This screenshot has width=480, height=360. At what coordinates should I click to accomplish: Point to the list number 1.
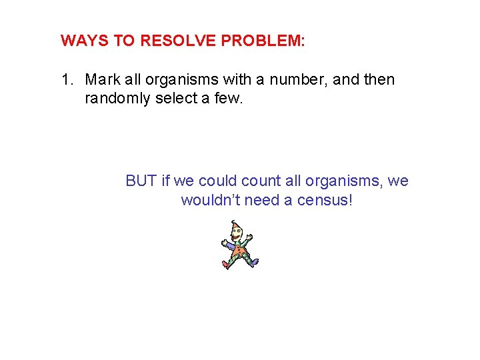[66, 81]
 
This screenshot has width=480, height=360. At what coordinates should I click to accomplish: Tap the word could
[216, 181]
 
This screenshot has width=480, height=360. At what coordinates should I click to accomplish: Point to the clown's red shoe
[226, 265]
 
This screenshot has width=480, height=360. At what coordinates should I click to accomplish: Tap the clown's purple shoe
[254, 262]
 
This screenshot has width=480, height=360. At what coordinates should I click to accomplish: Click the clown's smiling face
[237, 235]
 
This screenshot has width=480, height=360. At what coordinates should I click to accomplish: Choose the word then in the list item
[380, 81]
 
